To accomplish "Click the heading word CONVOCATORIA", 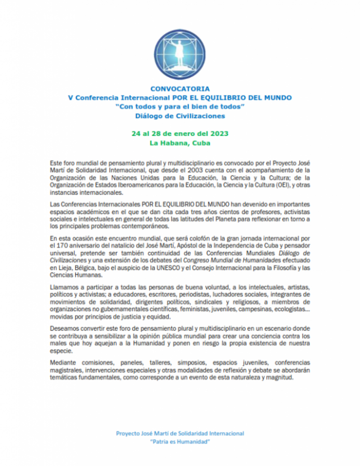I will point(180,89).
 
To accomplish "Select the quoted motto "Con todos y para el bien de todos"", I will point(180,107).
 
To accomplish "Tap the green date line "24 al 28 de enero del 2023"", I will point(180,133).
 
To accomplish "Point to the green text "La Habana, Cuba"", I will point(180,143).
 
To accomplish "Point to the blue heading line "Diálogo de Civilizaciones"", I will point(180,116).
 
